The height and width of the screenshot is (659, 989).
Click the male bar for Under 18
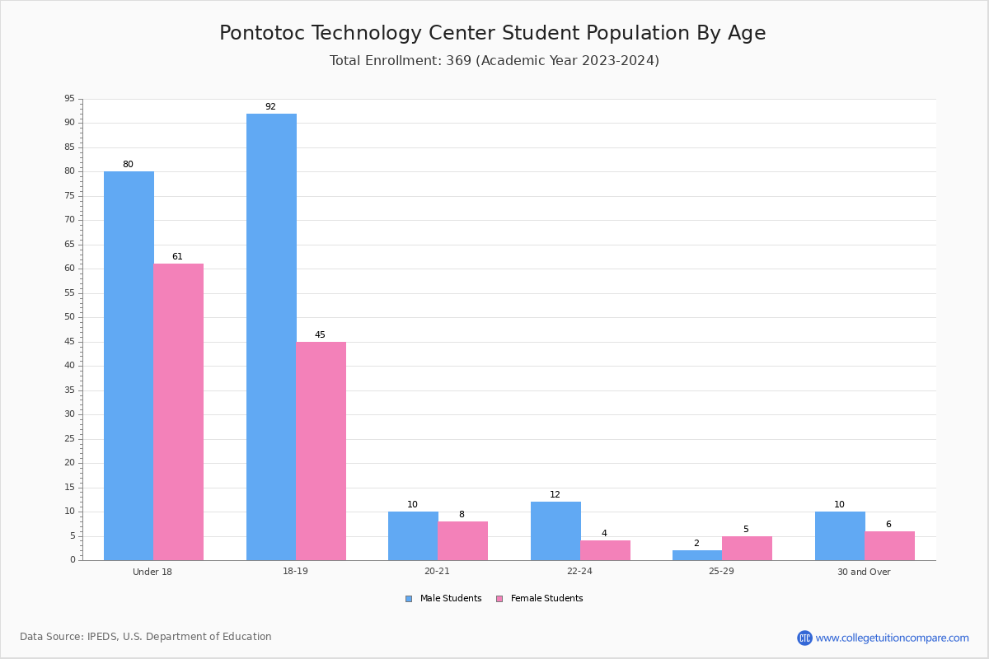pyautogui.click(x=129, y=366)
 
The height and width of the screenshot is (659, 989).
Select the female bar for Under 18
pyautogui.click(x=178, y=412)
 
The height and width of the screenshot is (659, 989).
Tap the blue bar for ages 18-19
pyautogui.click(x=271, y=337)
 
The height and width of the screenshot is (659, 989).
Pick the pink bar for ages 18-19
pyautogui.click(x=321, y=451)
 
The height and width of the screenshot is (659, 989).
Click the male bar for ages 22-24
pyautogui.click(x=555, y=531)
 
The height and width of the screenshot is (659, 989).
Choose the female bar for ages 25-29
pyautogui.click(x=747, y=549)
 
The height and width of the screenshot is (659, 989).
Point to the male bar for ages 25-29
pyautogui.click(x=697, y=555)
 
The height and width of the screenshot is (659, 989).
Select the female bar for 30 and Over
pyautogui.click(x=889, y=546)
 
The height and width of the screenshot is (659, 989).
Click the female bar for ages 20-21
pyautogui.click(x=462, y=541)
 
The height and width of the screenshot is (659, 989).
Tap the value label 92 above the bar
pyautogui.click(x=270, y=106)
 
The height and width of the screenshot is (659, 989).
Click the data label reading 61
pyautogui.click(x=177, y=256)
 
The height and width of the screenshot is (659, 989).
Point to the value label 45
pyautogui.click(x=320, y=334)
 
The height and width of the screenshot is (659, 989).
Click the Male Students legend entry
pyautogui.click(x=443, y=599)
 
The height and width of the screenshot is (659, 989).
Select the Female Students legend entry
pyautogui.click(x=540, y=599)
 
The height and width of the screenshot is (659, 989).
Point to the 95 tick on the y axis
pyautogui.click(x=70, y=98)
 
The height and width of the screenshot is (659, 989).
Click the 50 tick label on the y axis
pyautogui.click(x=70, y=317)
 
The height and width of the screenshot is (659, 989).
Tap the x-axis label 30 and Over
pyautogui.click(x=864, y=572)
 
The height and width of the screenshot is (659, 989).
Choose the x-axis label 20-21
pyautogui.click(x=437, y=571)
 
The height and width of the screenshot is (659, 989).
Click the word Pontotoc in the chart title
pyautogui.click(x=262, y=33)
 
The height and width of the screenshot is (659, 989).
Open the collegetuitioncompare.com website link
pyautogui.click(x=883, y=638)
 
